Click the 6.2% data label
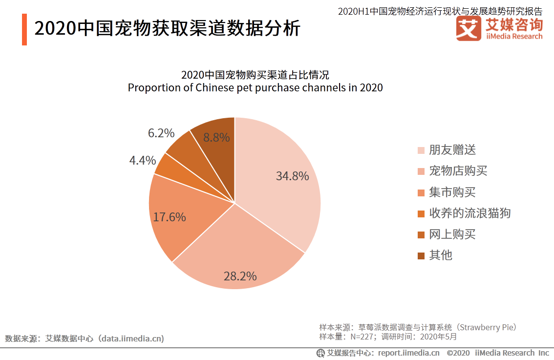161,133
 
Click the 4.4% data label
142,160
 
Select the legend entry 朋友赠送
452,150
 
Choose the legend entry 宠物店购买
458,171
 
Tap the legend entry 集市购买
452,192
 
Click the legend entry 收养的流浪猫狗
469,213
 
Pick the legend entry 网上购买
452,234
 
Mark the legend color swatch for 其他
421,255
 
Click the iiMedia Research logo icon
469,29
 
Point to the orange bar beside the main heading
24,29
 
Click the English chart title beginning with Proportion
255,88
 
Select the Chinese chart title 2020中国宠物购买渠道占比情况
255,75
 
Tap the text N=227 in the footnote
361,337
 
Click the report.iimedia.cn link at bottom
408,353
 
